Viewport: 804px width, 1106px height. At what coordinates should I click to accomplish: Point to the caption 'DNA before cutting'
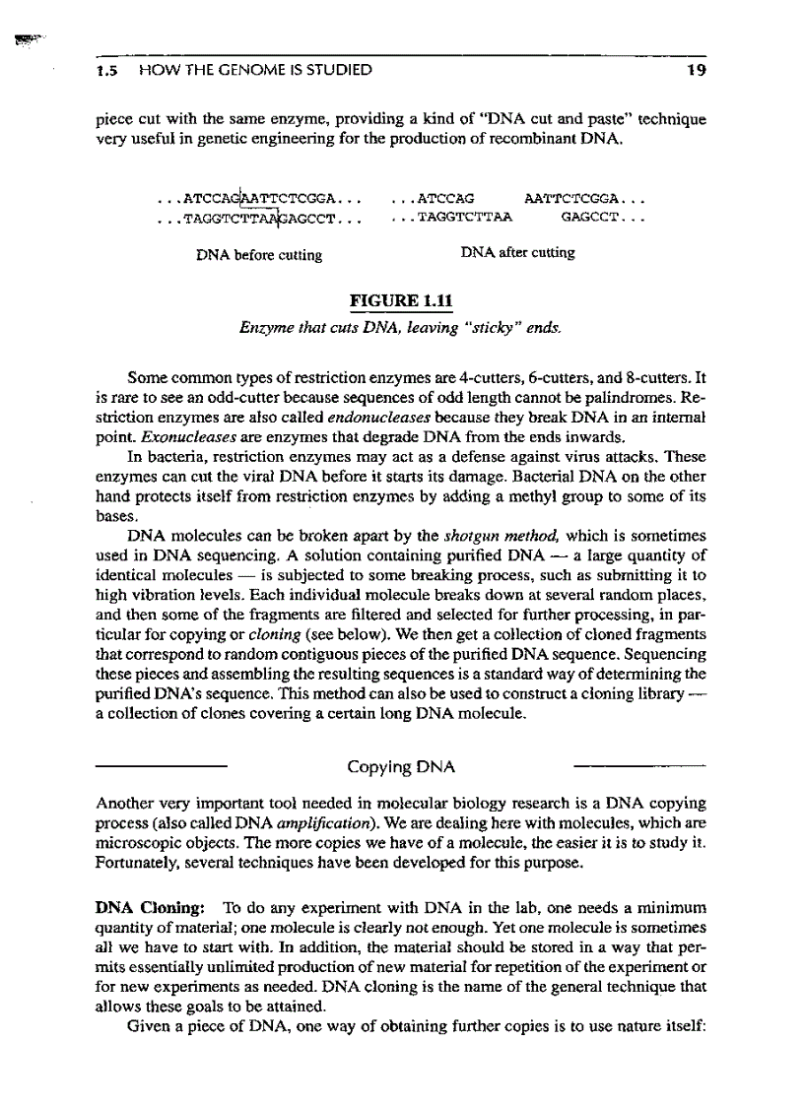259,255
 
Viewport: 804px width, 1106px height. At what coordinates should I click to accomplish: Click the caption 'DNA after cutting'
517,253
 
